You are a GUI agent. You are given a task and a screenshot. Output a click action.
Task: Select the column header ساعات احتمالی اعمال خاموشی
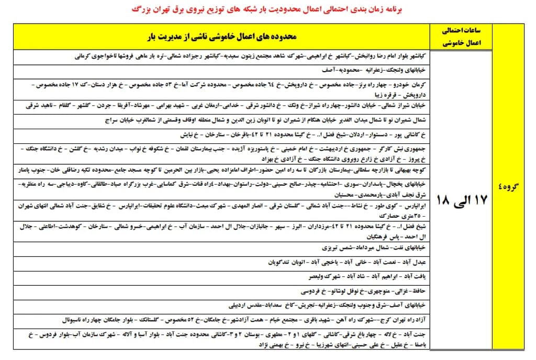pos(461,37)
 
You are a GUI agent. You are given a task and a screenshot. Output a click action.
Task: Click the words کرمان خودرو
pos(411,84)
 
